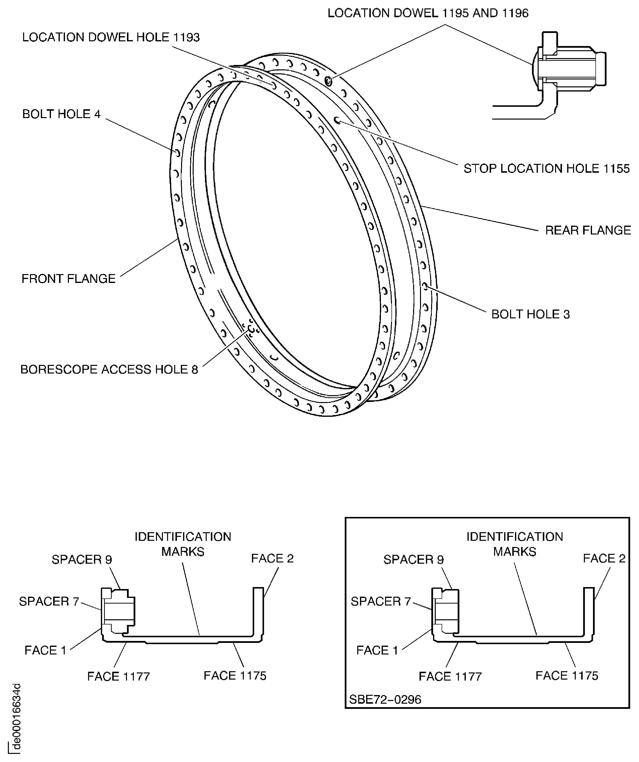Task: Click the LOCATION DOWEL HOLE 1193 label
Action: coord(111,37)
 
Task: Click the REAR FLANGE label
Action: coord(588,230)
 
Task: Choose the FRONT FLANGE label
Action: coord(68,279)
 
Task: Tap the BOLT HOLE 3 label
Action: coord(530,314)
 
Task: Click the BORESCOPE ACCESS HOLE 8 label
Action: coord(109,369)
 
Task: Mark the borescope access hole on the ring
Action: coord(251,329)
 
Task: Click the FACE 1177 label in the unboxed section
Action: coord(118,677)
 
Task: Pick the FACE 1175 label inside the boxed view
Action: coord(566,676)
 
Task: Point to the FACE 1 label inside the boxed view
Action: coord(377,650)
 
